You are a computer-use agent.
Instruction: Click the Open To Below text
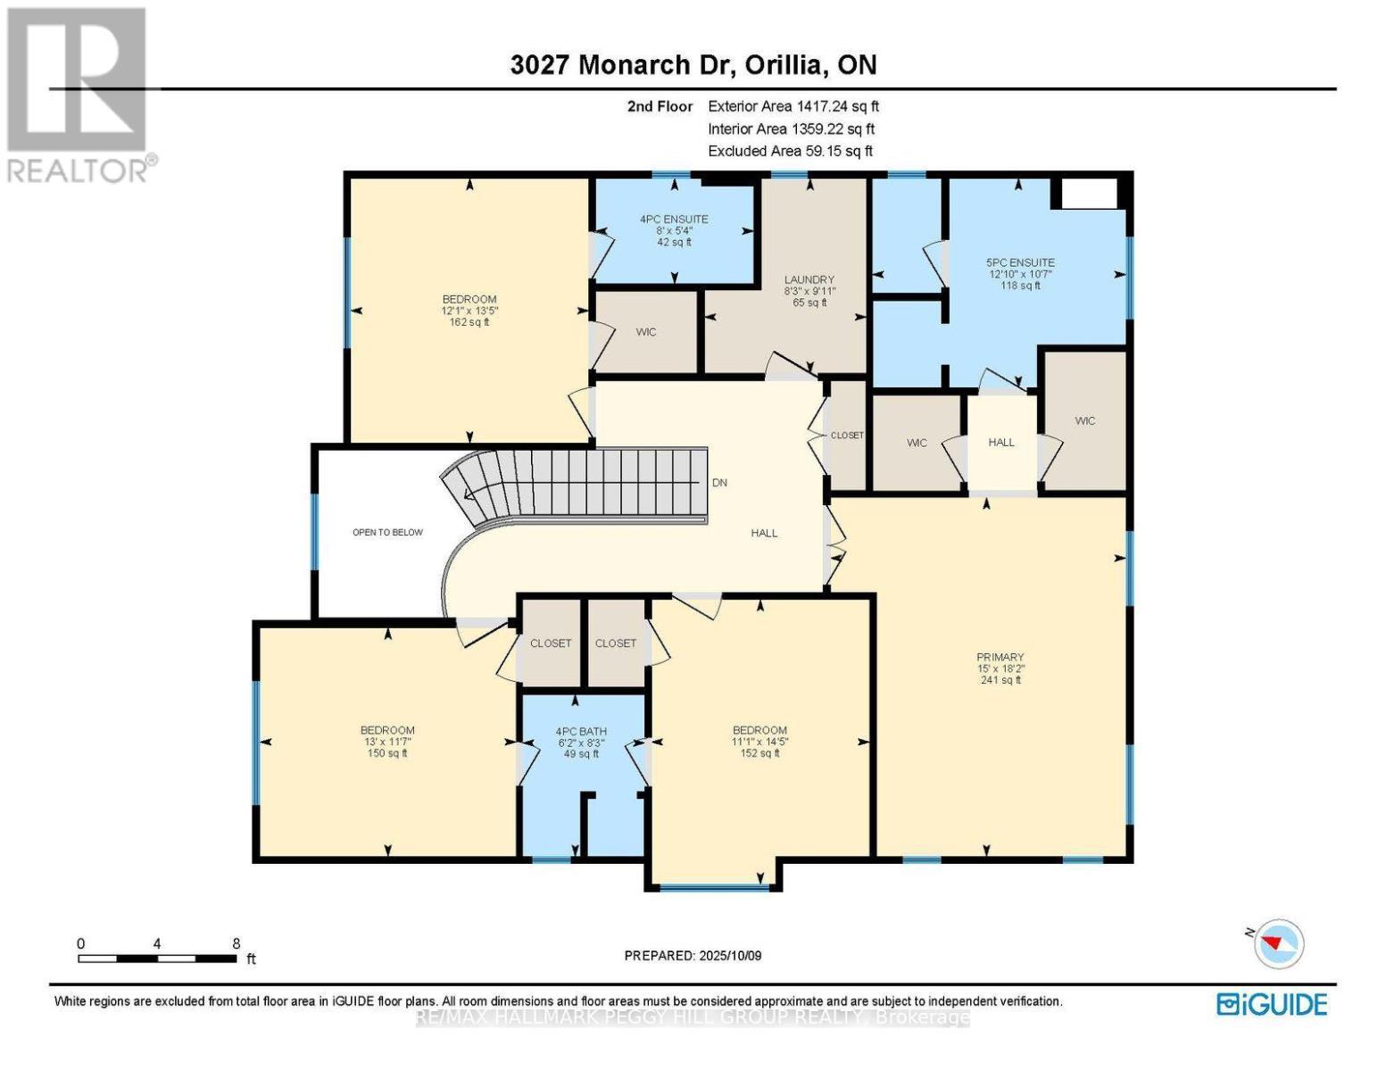pos(387,532)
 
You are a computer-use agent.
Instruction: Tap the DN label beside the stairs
pos(719,482)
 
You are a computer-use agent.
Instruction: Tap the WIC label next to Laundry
pos(646,332)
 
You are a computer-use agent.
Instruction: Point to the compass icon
pos(1279,943)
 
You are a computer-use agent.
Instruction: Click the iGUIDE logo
pos(1272,1004)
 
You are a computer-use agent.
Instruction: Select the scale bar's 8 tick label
pos(236,942)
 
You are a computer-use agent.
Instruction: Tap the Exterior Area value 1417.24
pos(818,106)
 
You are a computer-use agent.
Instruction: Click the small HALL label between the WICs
pos(1000,442)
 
